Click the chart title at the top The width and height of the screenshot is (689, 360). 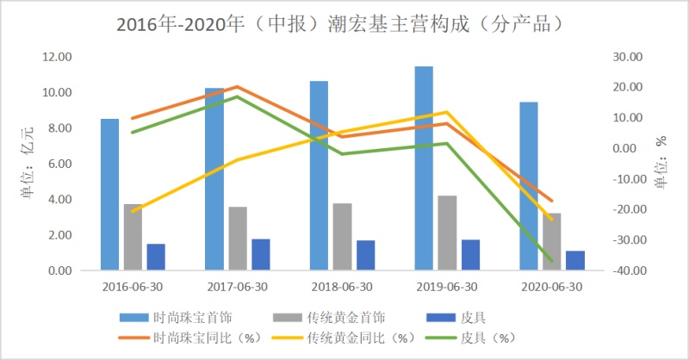pos(344,23)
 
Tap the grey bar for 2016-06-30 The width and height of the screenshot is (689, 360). pos(133,238)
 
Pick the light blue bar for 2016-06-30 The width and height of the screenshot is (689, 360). pos(109,195)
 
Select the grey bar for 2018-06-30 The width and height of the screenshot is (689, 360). pos(342,237)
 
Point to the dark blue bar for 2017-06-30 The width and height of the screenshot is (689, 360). pos(261,255)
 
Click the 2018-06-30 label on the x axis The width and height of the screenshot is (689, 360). pos(342,287)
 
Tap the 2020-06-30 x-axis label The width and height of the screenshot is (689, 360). pos(552,287)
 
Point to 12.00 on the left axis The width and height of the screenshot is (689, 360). pos(56,57)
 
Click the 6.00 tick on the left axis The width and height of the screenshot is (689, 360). pos(59,164)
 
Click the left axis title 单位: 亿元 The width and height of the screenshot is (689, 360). pos(27,164)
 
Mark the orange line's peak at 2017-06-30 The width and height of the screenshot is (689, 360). pos(237,86)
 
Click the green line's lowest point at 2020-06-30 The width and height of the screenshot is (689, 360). pos(551,260)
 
